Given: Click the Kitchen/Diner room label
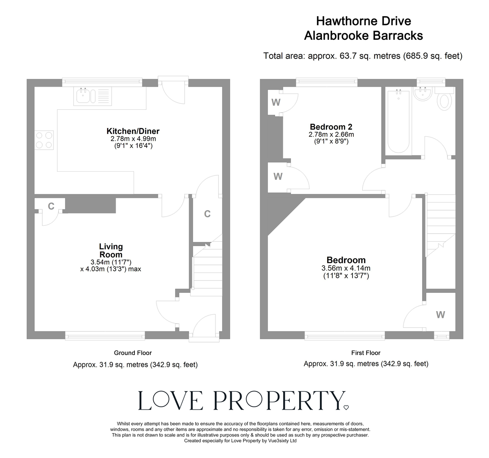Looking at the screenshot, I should pos(133,131).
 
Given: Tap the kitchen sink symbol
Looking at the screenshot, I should pos(85,97).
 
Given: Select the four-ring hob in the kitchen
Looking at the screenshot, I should pos(44,139).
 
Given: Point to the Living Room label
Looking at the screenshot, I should pos(111,250).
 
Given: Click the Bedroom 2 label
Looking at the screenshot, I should pos(331,126).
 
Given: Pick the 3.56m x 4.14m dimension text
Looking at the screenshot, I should pos(346,268).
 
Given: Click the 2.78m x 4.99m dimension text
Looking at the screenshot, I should pos(133,139).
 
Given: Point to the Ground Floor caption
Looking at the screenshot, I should pos(133,353).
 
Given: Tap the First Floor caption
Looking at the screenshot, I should pos(366,353).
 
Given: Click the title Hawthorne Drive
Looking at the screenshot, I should pos(364,21).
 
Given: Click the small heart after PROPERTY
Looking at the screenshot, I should pos(346,407).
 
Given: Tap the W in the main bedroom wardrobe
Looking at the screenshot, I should pos(441,314).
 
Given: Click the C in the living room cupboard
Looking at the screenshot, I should pos(51,207).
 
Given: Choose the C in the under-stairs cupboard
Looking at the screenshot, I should pos(207,214).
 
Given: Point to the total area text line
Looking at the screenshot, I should pos(363,56).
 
